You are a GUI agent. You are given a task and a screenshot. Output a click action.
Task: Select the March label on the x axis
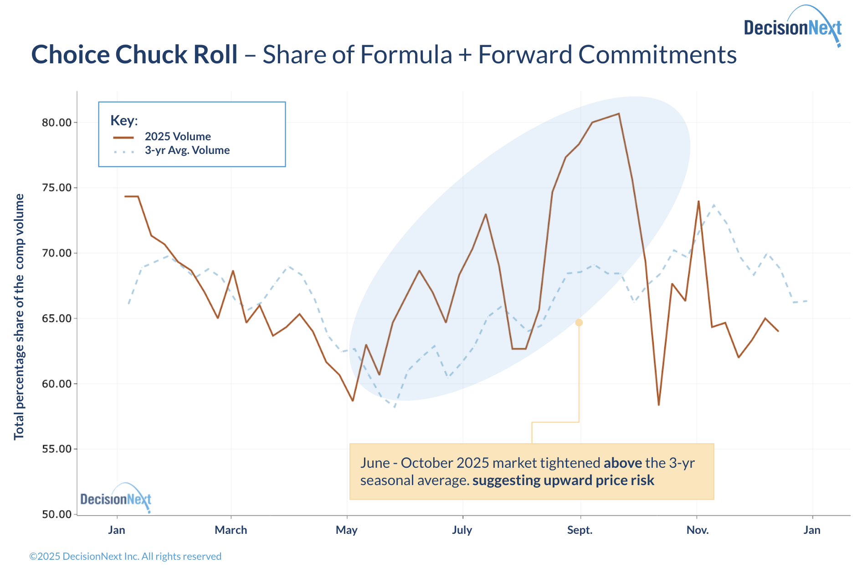(x=231, y=530)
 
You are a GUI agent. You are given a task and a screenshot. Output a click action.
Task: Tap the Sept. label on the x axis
(x=580, y=530)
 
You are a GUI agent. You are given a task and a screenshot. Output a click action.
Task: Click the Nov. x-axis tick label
(x=698, y=530)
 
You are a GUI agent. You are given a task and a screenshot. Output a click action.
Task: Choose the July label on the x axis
(x=462, y=530)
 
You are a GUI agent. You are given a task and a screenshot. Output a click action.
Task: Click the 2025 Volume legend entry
(x=178, y=137)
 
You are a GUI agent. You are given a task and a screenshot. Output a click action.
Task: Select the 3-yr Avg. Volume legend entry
(x=187, y=150)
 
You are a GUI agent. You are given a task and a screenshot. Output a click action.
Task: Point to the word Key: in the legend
(x=124, y=121)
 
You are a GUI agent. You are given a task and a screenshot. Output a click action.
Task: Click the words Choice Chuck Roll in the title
(x=134, y=55)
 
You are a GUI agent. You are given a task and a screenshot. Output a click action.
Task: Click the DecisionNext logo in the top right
(x=793, y=27)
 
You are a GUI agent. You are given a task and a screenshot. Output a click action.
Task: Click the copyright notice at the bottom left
(x=125, y=557)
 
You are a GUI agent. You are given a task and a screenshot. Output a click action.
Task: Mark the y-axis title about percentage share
(x=19, y=317)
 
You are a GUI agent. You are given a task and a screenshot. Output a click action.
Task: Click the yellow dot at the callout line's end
(x=579, y=322)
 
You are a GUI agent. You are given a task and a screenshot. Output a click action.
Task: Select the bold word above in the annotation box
(x=622, y=463)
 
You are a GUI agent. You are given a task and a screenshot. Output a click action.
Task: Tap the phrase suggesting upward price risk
(x=563, y=481)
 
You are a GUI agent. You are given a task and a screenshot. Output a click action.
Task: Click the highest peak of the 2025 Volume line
(x=619, y=113)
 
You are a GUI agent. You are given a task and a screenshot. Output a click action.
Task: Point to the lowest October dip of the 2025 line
(x=659, y=404)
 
